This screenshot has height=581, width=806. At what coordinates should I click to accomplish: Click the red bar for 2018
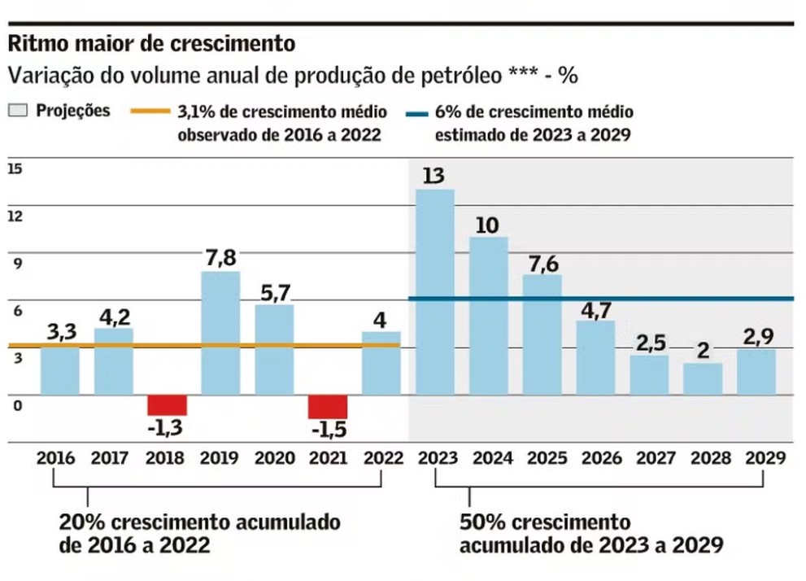click(x=167, y=404)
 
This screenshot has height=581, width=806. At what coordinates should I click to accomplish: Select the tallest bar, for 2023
click(x=434, y=291)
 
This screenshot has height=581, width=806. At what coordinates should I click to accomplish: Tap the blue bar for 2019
click(x=220, y=333)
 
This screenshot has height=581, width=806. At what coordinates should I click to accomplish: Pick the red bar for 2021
click(x=328, y=406)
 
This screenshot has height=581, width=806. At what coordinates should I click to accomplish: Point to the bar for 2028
click(x=703, y=378)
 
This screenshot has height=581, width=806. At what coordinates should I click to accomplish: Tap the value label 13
click(x=434, y=175)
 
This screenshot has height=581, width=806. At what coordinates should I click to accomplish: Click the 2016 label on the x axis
click(x=55, y=458)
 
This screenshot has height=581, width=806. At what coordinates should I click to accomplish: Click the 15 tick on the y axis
click(x=15, y=169)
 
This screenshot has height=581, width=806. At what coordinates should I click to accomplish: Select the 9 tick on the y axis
click(x=15, y=263)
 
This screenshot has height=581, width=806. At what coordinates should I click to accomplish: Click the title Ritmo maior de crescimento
click(x=150, y=42)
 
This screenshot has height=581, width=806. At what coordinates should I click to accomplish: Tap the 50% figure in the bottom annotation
click(x=480, y=522)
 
